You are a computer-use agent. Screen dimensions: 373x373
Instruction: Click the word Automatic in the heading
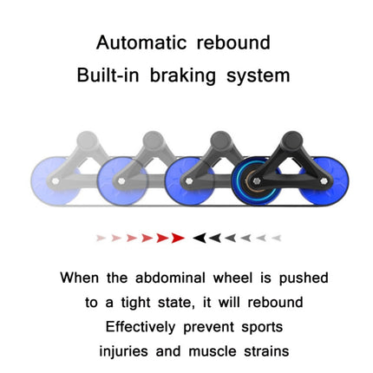(x=143, y=43)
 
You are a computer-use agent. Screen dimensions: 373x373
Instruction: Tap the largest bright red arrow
(x=177, y=238)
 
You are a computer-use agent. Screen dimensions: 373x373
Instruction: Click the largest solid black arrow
(x=200, y=238)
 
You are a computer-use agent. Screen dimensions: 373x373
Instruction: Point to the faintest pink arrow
(x=101, y=238)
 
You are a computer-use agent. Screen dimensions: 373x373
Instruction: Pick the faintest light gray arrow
(x=277, y=238)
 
